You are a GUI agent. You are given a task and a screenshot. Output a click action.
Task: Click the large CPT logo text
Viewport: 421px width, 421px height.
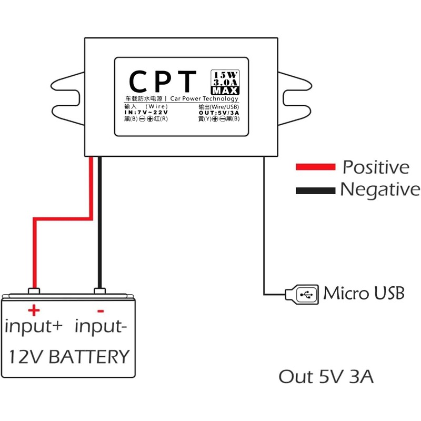click(163, 82)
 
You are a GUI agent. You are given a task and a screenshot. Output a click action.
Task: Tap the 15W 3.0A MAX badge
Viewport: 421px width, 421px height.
click(225, 83)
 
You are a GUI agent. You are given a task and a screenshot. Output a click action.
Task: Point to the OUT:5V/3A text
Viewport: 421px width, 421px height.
click(219, 112)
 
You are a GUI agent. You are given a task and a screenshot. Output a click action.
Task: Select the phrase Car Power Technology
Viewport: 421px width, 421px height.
click(205, 99)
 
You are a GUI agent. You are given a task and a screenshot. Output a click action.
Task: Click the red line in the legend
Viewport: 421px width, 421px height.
click(315, 167)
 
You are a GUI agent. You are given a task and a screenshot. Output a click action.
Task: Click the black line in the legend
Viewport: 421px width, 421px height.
click(315, 189)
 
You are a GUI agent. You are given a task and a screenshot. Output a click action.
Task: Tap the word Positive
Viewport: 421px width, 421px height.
click(376, 167)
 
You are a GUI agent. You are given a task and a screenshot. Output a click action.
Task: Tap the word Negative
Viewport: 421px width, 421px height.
click(380, 189)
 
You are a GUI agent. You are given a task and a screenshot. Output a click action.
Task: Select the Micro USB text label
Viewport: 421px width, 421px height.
click(364, 293)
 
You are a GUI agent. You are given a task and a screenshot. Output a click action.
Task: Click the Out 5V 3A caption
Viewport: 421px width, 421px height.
click(326, 377)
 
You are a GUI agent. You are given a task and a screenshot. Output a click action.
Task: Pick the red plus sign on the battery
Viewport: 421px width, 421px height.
click(35, 309)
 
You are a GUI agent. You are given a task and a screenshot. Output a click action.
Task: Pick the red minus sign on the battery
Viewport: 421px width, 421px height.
click(101, 310)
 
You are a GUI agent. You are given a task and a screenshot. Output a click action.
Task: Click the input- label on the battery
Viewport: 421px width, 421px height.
click(101, 326)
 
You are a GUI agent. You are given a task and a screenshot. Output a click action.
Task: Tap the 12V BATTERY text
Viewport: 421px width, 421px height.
click(68, 357)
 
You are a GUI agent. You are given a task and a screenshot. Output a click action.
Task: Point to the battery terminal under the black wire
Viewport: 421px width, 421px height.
click(98, 291)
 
